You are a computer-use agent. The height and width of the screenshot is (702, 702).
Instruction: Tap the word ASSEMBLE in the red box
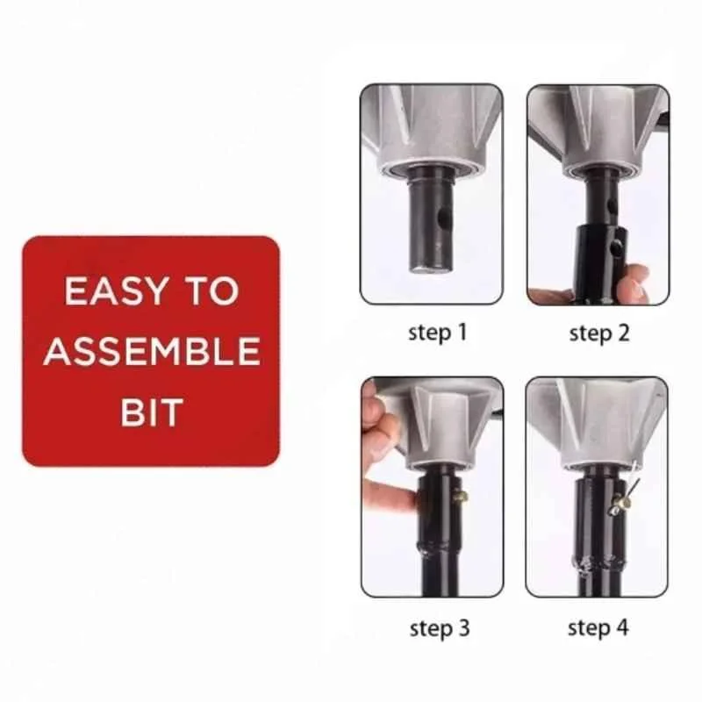(151, 352)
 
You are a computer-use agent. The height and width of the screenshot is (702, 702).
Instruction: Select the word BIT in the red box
(151, 412)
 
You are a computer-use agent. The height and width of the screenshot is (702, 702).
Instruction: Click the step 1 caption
(438, 333)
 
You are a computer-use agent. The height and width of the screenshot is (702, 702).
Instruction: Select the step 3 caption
(439, 627)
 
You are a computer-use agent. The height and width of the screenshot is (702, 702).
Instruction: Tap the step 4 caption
(598, 627)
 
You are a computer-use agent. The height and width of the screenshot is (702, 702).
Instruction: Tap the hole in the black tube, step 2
(621, 250)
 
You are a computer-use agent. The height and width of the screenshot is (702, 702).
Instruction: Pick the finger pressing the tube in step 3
(390, 501)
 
